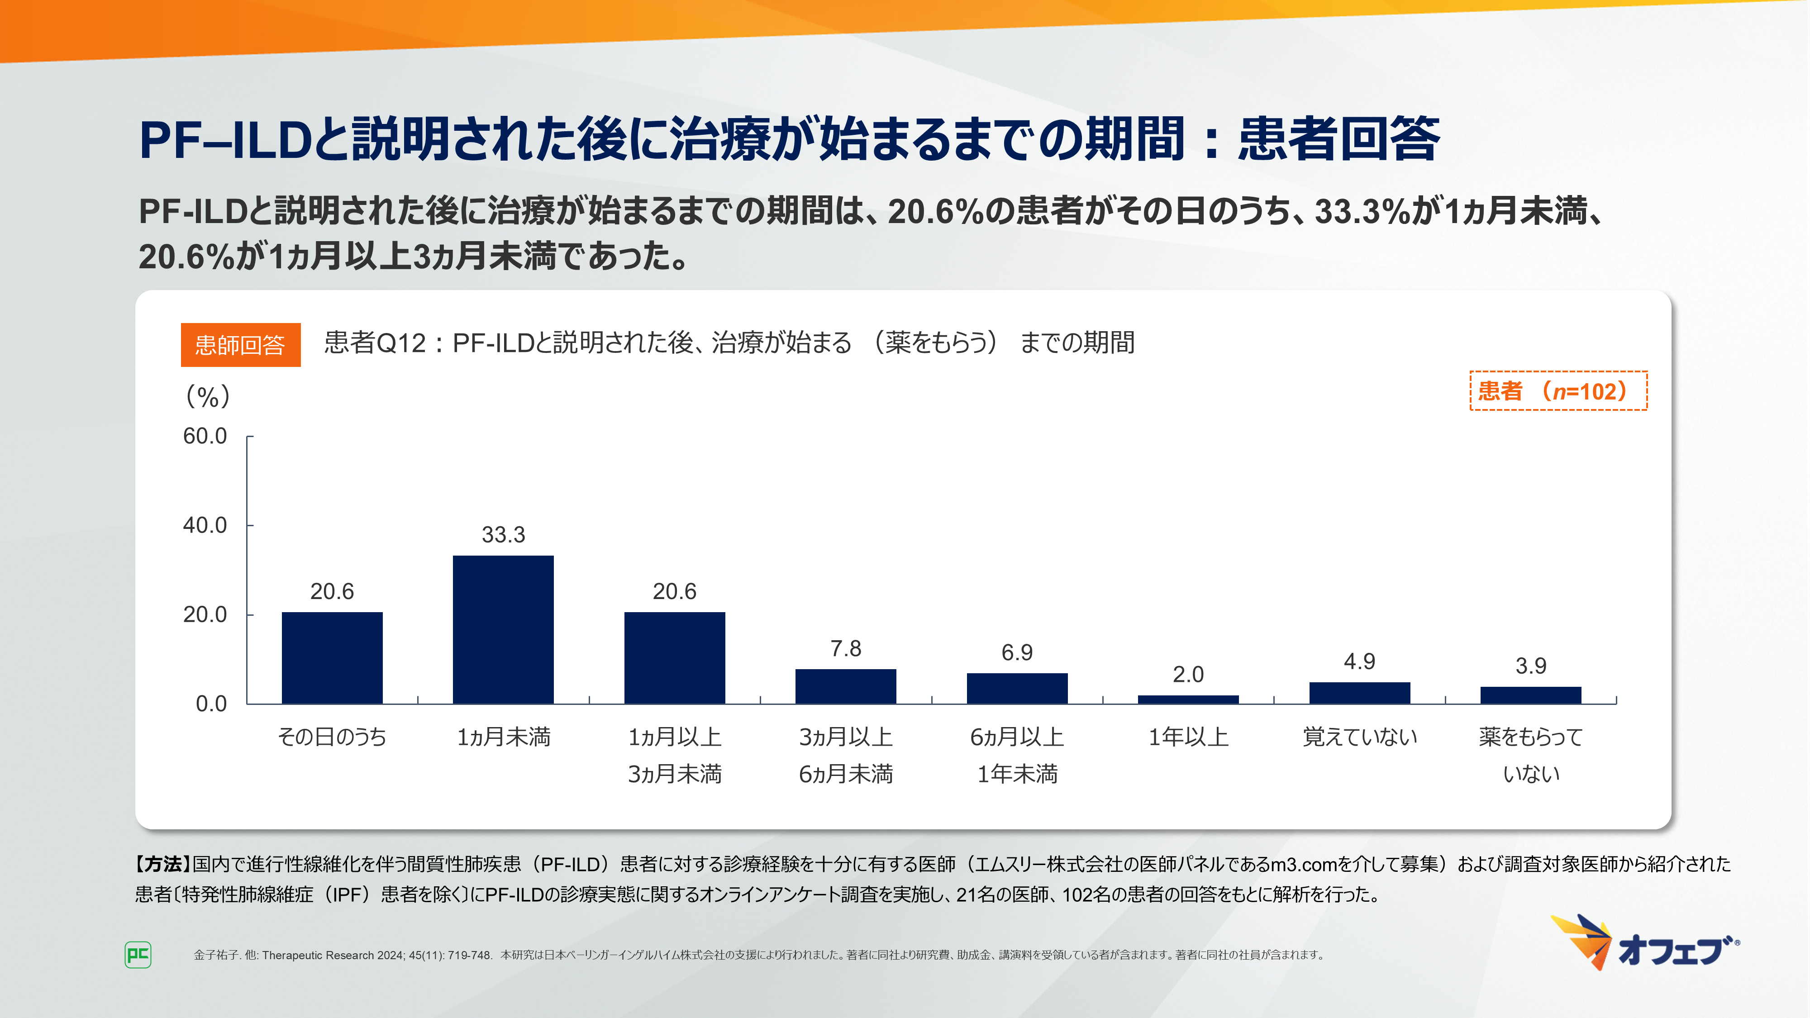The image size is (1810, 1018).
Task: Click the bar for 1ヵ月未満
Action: pos(503,629)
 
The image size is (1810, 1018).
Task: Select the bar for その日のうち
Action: pos(332,657)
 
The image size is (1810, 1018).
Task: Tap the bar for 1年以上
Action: pos(1188,699)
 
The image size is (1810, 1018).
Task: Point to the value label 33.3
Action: pos(503,535)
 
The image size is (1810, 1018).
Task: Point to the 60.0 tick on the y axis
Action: pos(205,436)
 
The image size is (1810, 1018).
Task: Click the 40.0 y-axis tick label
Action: pos(205,525)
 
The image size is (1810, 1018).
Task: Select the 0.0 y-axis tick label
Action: pos(211,704)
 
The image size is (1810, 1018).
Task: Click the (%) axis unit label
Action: pos(208,397)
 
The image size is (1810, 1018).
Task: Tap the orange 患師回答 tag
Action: pos(240,345)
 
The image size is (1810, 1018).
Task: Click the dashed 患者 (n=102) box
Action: pos(1558,390)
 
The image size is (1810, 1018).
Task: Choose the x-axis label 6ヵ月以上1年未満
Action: pos(1017,755)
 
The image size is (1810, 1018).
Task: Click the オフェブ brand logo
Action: pos(1644,943)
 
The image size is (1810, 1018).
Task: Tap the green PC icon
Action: pos(138,955)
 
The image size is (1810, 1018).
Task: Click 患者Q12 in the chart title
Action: pos(375,343)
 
